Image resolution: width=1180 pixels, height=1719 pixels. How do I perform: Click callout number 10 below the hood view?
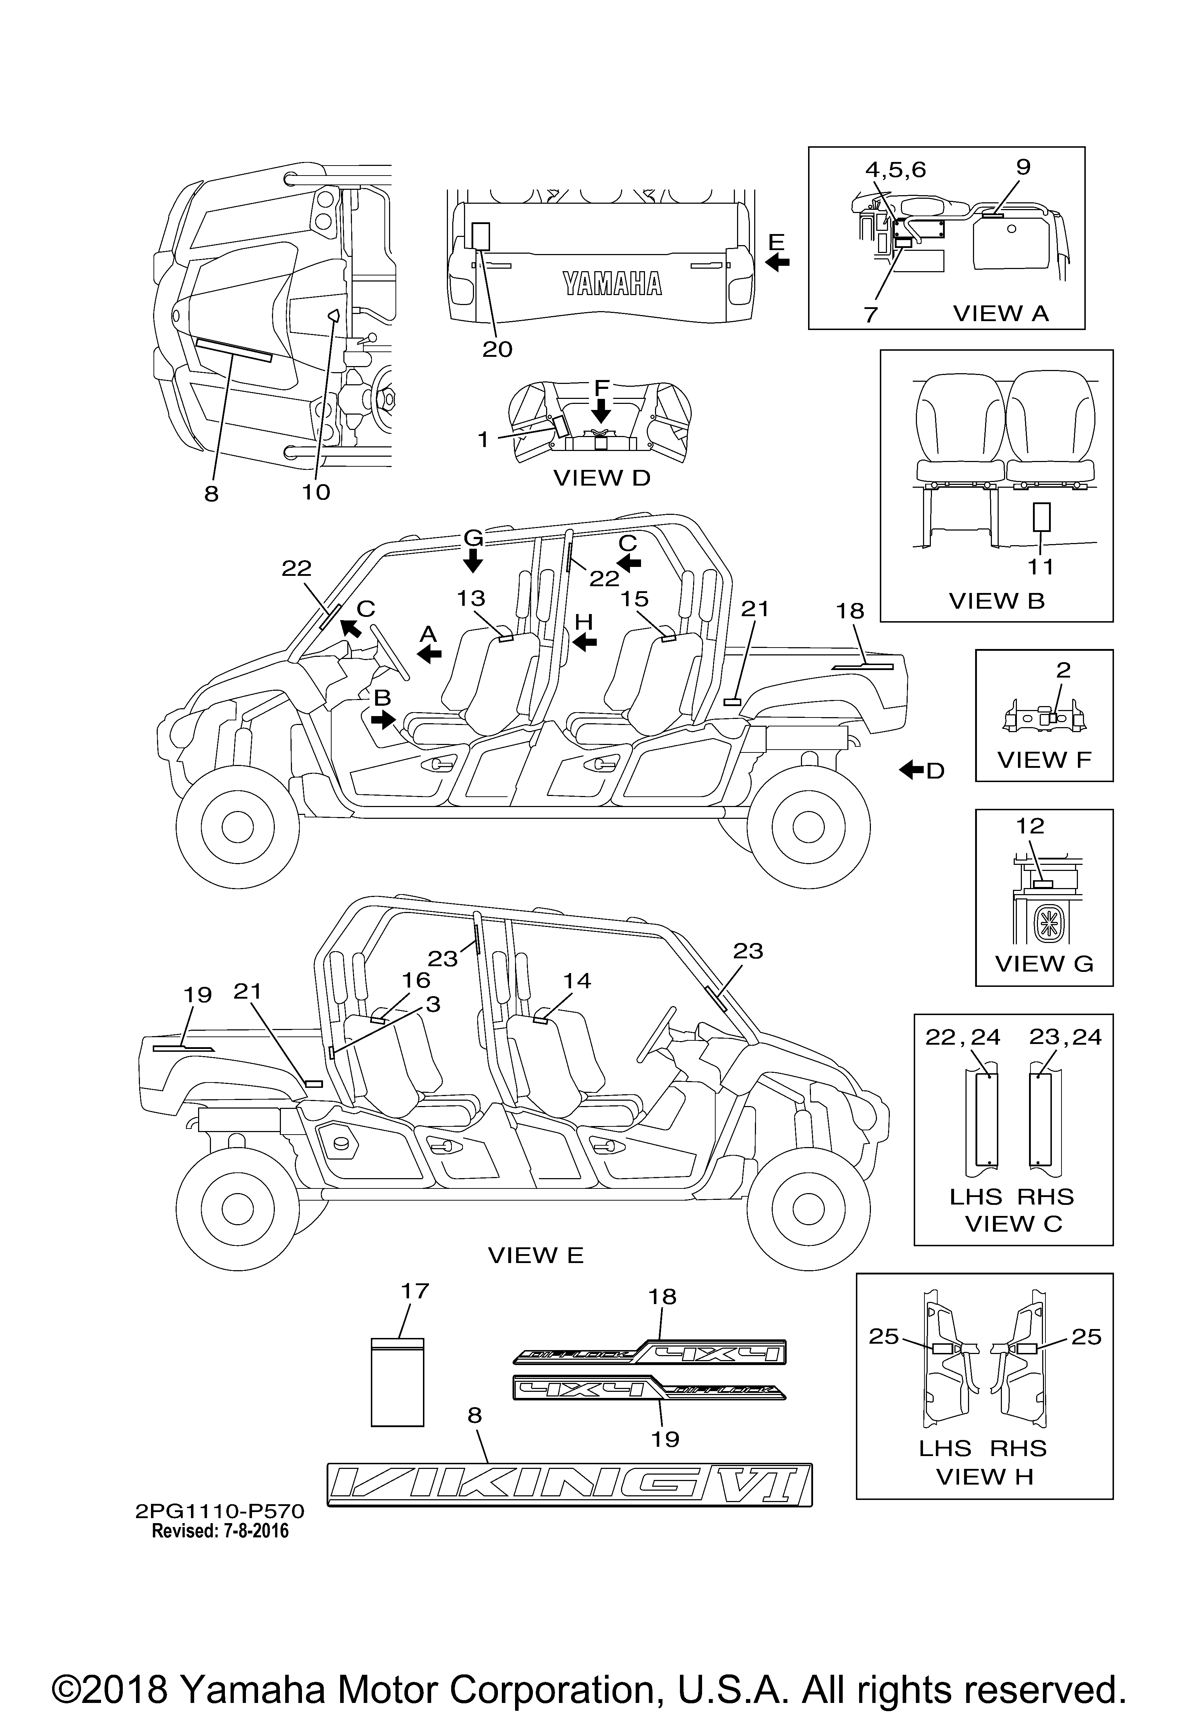(316, 492)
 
